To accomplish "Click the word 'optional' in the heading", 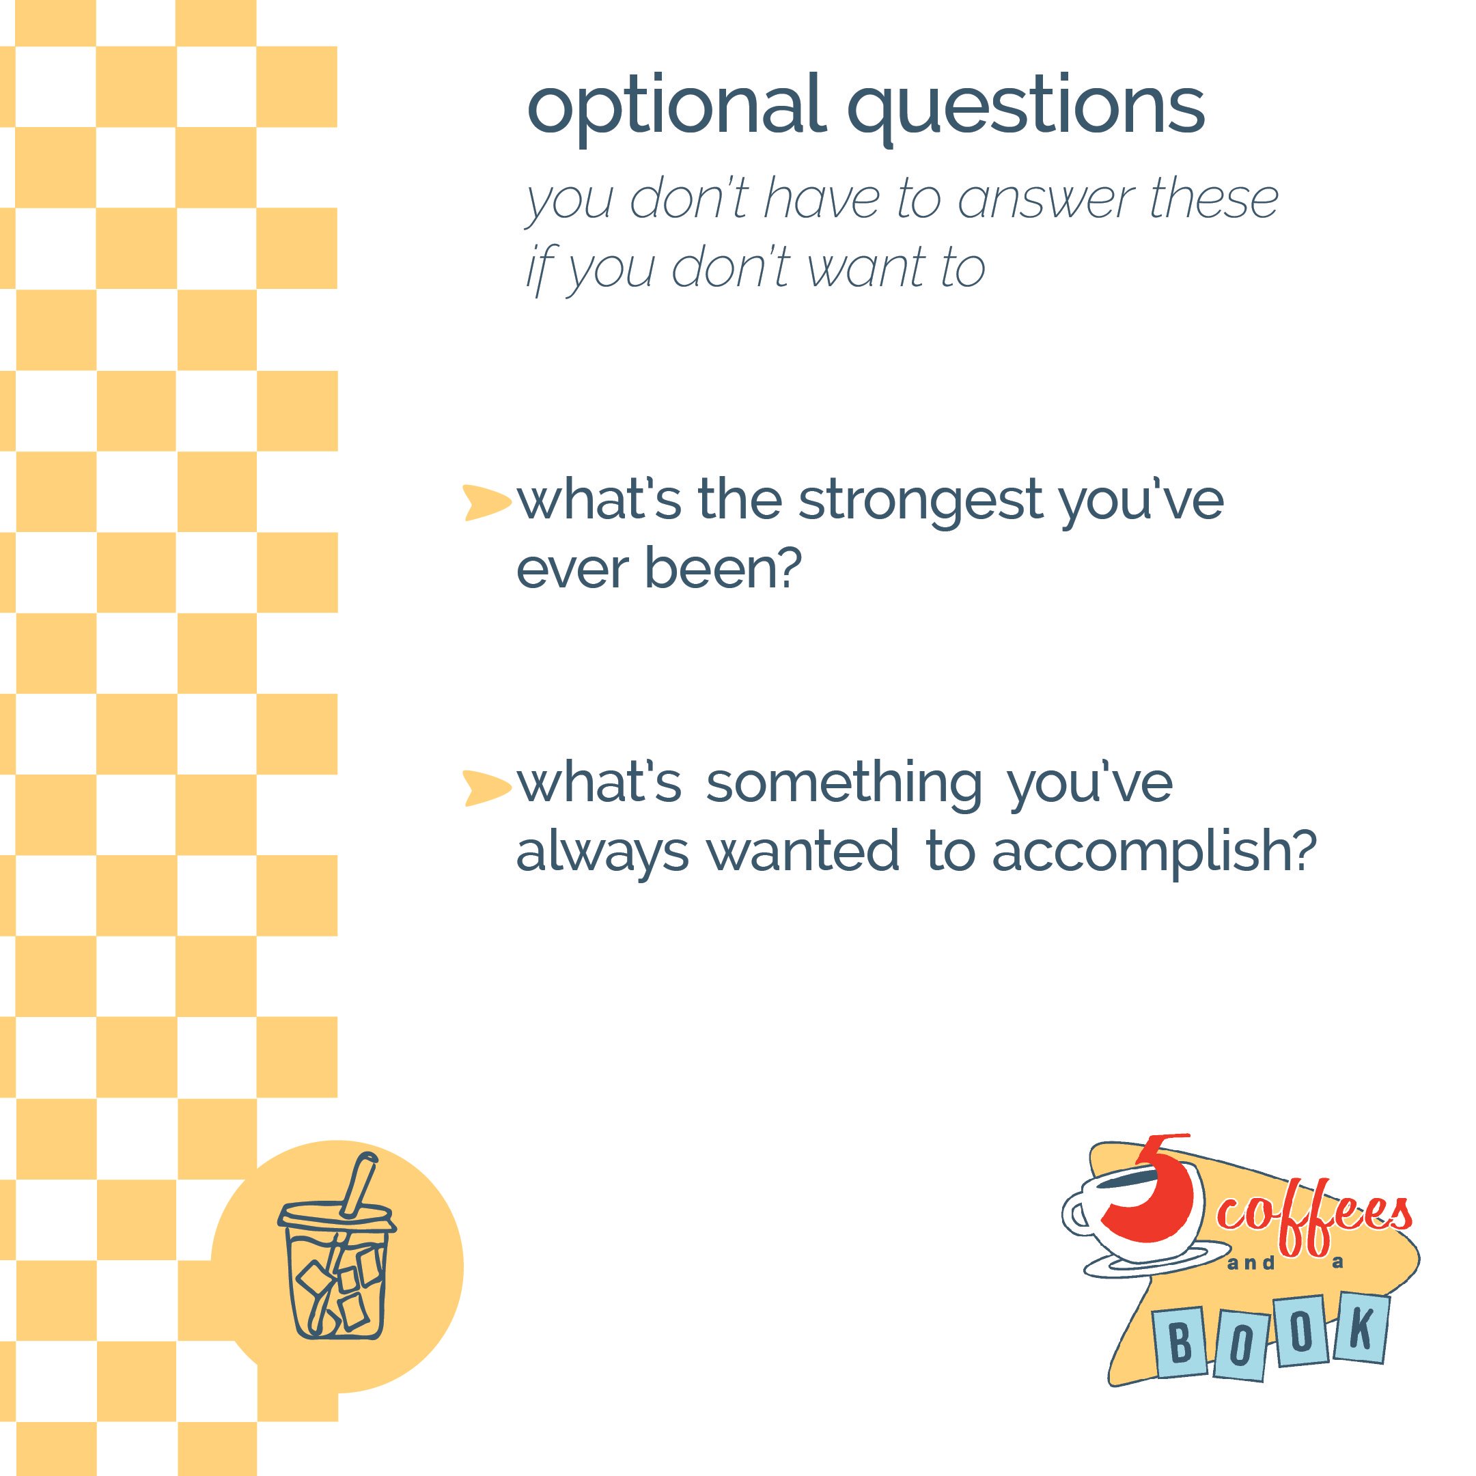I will tap(676, 107).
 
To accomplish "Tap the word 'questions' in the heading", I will tap(1026, 107).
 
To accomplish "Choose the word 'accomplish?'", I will tap(1154, 852).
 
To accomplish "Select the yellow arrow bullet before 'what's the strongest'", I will tap(486, 503).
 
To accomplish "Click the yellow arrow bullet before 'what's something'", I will tap(486, 788).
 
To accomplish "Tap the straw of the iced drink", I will tap(359, 1185).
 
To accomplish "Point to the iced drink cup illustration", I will tap(336, 1268).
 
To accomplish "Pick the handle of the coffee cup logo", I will tap(1076, 1214).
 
